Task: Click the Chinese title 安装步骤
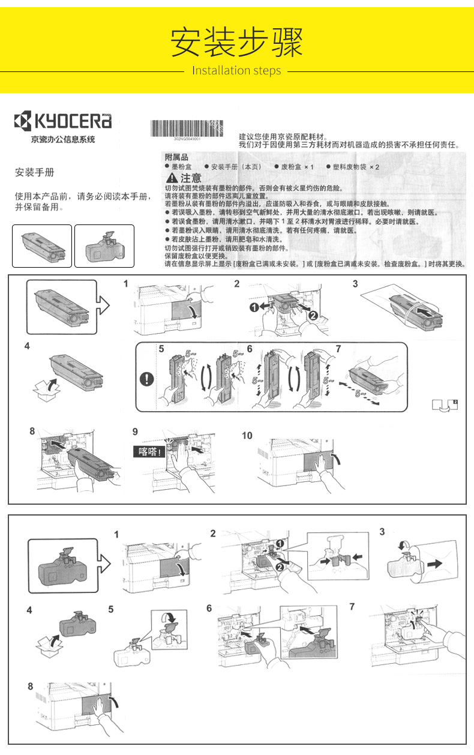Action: [x=236, y=41]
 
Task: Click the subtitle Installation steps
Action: [x=236, y=71]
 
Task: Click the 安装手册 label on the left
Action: [x=34, y=173]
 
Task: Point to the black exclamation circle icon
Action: [x=147, y=379]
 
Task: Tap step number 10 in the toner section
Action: [x=247, y=435]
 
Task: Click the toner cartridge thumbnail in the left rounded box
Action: [x=42, y=245]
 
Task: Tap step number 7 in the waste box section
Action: [x=352, y=607]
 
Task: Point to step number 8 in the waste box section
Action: [x=30, y=686]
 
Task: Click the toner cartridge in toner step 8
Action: [x=93, y=463]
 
